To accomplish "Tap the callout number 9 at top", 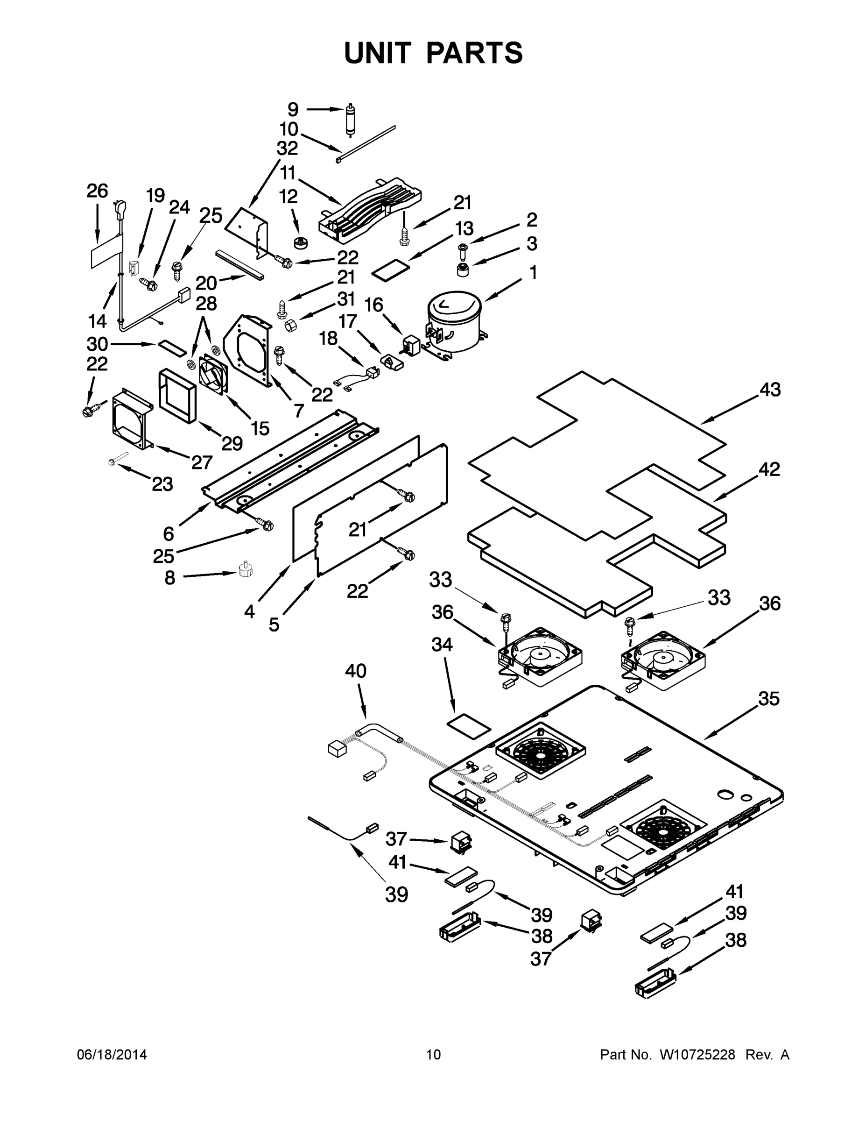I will (x=293, y=109).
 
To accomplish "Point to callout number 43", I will (x=769, y=390).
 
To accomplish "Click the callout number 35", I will (x=768, y=699).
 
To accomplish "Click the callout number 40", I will (x=356, y=671).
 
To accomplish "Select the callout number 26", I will (x=97, y=191).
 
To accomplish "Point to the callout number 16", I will (x=373, y=305).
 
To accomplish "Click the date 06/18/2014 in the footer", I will (x=112, y=1055).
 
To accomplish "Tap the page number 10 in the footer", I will (x=434, y=1055).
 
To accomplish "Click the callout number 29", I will (x=232, y=443).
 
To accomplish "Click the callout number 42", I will (x=769, y=469).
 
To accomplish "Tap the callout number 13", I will (x=464, y=228).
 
